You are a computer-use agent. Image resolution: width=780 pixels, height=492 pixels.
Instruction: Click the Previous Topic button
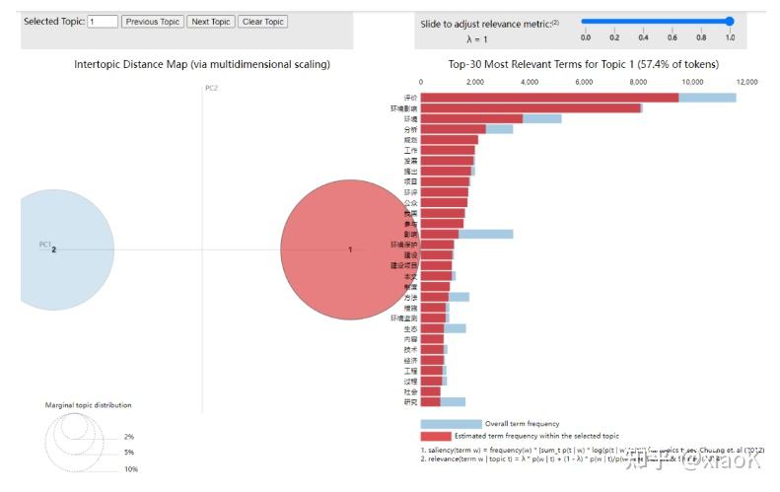click(153, 22)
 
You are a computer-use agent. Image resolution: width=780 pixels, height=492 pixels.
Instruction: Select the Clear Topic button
click(262, 22)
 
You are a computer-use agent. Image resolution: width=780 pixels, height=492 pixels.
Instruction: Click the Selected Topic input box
click(103, 22)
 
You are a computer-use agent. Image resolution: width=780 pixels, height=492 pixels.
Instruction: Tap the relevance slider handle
click(730, 21)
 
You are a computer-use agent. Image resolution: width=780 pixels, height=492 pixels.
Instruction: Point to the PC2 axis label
click(211, 89)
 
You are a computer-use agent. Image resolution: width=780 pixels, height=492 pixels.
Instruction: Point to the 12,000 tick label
click(745, 83)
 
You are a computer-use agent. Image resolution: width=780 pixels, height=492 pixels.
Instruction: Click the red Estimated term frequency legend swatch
click(436, 435)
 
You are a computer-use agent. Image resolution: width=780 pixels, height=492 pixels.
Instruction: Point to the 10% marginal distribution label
click(131, 469)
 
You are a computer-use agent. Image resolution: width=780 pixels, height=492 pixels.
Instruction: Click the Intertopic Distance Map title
click(202, 64)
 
